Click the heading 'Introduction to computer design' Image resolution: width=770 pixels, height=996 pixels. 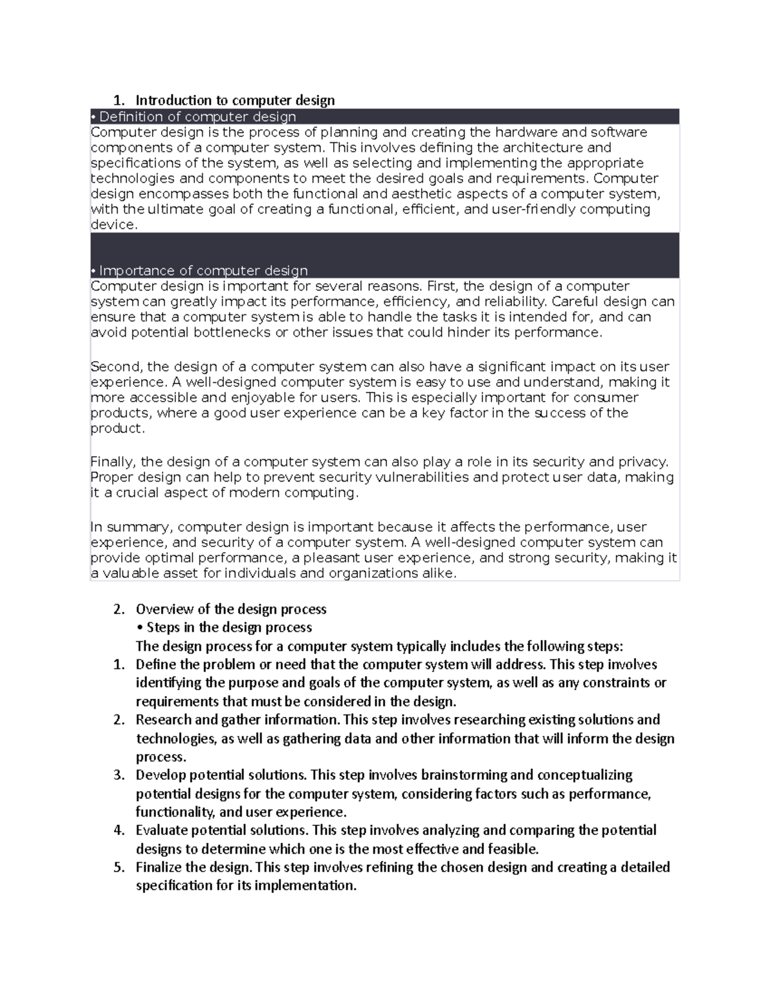(x=235, y=100)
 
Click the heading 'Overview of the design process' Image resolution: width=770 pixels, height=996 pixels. (x=231, y=609)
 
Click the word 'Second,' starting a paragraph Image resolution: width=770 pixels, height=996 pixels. (x=116, y=367)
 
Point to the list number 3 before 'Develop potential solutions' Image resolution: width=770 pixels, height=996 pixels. (x=119, y=775)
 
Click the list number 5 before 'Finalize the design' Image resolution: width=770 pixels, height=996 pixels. (x=119, y=868)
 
